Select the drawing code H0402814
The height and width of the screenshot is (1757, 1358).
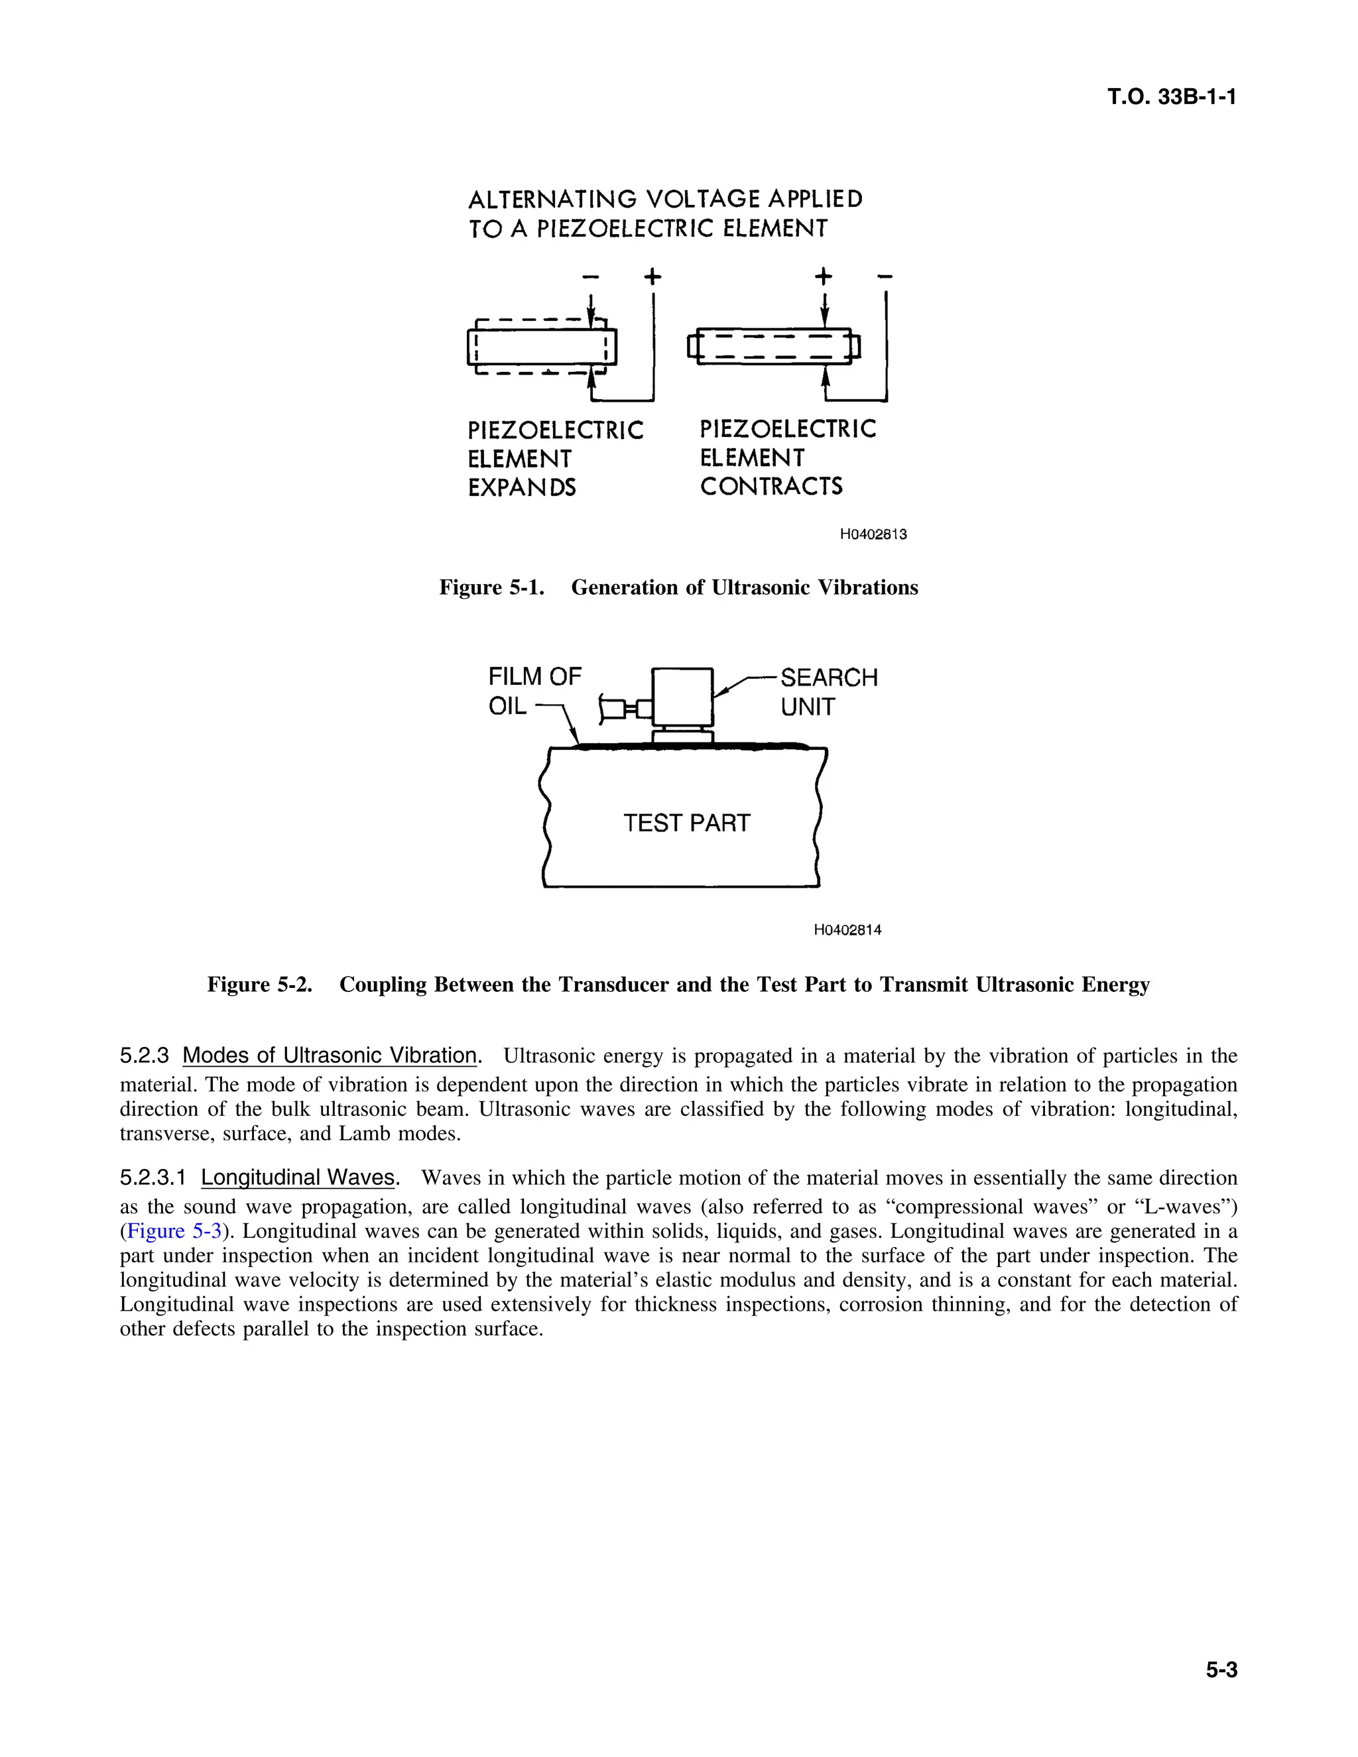pos(847,930)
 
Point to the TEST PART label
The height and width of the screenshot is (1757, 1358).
pos(686,823)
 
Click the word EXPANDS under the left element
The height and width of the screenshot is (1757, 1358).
pos(521,487)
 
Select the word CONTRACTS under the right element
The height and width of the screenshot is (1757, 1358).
pos(771,487)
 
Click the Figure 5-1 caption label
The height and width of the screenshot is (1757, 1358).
pos(491,587)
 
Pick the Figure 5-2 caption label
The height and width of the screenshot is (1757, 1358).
pos(260,985)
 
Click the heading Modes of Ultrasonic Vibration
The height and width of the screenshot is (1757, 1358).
pos(330,1056)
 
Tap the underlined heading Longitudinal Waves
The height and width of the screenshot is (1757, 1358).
pos(298,1178)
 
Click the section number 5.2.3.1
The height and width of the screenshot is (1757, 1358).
pos(153,1178)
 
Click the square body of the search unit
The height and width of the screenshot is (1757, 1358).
pos(682,697)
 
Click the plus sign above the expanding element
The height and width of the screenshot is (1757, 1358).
pos(652,276)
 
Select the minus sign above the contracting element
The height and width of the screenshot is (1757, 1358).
pos(885,276)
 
